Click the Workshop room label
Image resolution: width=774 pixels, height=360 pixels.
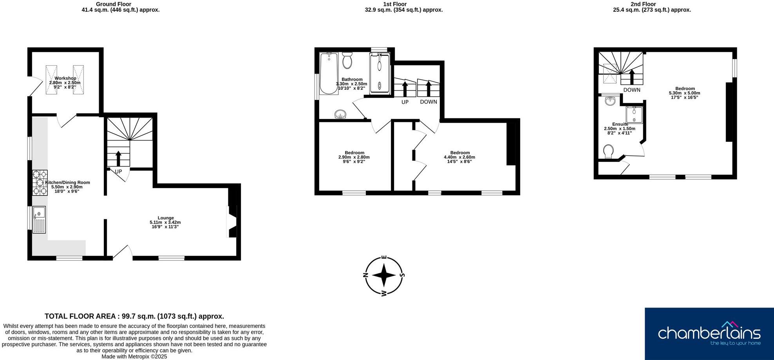point(65,78)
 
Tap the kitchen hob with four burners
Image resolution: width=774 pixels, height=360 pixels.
point(40,183)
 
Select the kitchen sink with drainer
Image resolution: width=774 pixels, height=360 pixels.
point(39,219)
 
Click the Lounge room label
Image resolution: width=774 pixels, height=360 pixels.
point(166,218)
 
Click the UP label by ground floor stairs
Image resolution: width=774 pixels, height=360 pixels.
point(118,172)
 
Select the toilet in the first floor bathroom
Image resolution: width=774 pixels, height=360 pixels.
point(347,61)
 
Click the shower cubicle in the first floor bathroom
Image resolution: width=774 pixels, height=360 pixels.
point(380,74)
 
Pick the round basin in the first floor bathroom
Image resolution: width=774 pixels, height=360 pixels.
point(341,114)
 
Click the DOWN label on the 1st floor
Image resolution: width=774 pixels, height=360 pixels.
point(428,102)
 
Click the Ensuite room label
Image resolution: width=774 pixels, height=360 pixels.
point(620,124)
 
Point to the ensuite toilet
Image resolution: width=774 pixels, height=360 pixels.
point(608,151)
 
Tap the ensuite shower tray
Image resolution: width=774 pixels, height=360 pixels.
point(634,115)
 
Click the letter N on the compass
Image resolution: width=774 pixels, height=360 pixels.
point(366,275)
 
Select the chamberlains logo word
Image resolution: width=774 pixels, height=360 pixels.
point(709,333)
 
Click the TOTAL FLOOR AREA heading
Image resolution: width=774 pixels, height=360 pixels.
point(134,316)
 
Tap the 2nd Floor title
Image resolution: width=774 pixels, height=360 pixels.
point(651,4)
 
